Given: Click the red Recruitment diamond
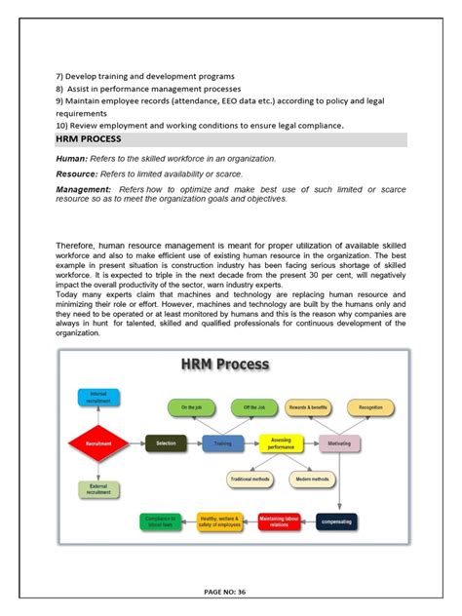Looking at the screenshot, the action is pos(96,443).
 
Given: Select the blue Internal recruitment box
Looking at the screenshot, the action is pos(97,397).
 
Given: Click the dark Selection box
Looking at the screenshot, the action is pos(165,443).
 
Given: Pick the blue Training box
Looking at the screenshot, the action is pos(223,443).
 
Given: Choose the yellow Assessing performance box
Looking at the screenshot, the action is pos(282,443).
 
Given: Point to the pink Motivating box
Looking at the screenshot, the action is pos(340,443).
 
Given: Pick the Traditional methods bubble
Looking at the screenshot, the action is pos(250,480).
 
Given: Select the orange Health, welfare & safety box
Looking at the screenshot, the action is pos(219,523).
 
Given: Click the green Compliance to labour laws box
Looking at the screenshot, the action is pos(160,523).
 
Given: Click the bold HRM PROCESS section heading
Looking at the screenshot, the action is pos(89,140).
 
